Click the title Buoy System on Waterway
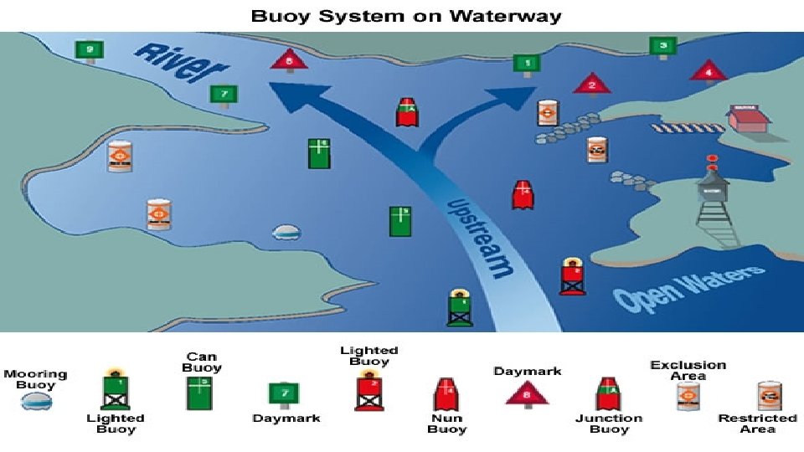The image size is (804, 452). click(x=402, y=16)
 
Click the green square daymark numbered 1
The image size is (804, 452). click(x=527, y=63)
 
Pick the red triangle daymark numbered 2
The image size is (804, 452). click(x=591, y=84)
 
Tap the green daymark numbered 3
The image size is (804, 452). click(x=663, y=46)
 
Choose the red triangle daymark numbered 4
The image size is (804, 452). click(x=709, y=70)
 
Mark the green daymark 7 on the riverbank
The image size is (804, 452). click(x=224, y=95)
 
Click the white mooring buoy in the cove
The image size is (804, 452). click(x=287, y=232)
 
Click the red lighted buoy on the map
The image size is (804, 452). click(x=573, y=276)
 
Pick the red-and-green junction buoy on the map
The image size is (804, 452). click(x=407, y=112)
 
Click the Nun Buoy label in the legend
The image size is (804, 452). click(x=446, y=424)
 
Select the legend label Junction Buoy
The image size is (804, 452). click(x=609, y=424)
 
